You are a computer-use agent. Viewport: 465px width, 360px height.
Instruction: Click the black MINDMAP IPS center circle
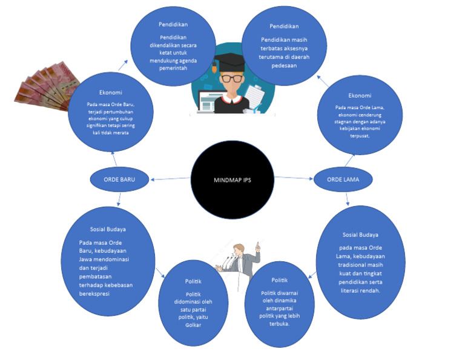[233, 180]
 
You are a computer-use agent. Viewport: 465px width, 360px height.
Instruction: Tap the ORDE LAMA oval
[342, 179]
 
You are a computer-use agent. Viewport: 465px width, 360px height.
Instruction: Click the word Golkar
[194, 325]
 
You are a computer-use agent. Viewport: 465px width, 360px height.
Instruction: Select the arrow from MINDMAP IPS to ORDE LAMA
[293, 178]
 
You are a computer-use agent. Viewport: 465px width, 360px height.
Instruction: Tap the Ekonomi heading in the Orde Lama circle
[360, 95]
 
